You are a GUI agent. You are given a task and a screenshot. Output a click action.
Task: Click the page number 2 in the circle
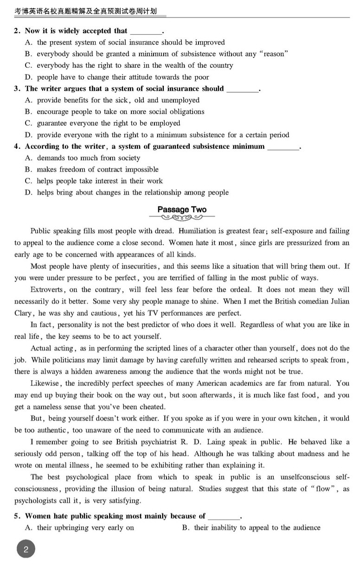pyautogui.click(x=26, y=550)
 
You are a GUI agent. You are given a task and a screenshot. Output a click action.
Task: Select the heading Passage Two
pyautogui.click(x=182, y=210)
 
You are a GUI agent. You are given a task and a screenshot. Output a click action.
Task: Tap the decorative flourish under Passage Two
pyautogui.click(x=182, y=218)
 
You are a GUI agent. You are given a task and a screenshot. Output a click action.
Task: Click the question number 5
pyautogui.click(x=16, y=516)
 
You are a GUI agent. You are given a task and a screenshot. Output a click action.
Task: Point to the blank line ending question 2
pyautogui.click(x=146, y=32)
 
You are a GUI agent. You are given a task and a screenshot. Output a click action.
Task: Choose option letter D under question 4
pyautogui.click(x=28, y=192)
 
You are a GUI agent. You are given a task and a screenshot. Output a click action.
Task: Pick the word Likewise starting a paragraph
pyautogui.click(x=45, y=383)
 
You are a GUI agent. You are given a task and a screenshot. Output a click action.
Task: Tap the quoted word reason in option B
pyautogui.click(x=276, y=54)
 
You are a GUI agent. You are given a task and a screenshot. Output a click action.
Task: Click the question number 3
pyautogui.click(x=16, y=89)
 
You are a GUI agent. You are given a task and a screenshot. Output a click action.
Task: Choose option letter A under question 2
pyautogui.click(x=28, y=42)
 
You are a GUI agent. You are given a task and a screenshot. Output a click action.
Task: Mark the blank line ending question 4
pyautogui.click(x=283, y=147)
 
